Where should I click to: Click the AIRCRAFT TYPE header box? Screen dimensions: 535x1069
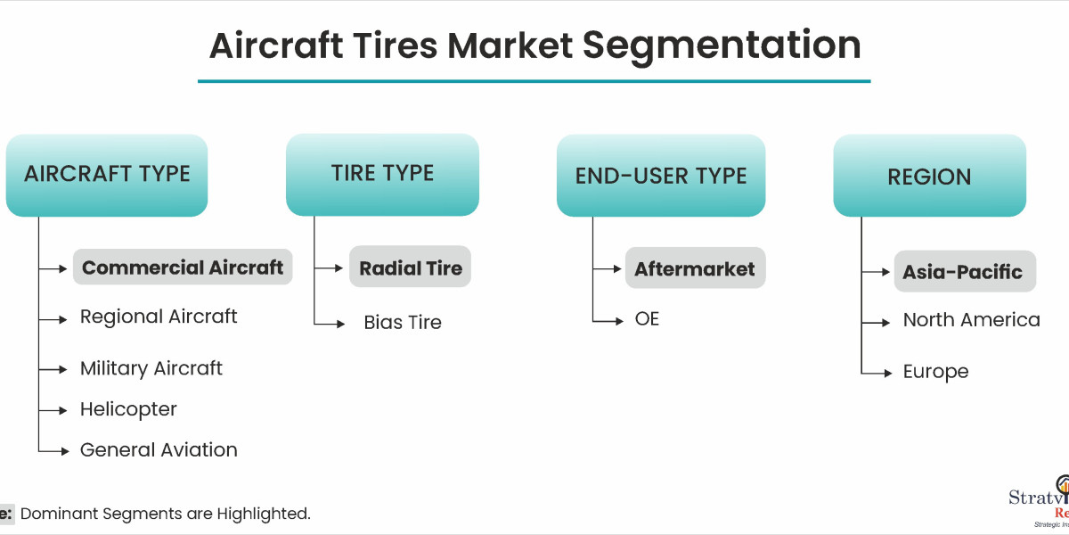tap(107, 175)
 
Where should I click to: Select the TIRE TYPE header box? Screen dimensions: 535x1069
tap(382, 174)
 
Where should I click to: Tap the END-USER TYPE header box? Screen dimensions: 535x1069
tap(661, 176)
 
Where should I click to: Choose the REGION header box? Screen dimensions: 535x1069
tap(929, 176)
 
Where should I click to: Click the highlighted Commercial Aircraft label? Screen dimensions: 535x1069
tap(183, 267)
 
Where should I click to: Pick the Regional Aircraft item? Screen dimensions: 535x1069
tap(159, 317)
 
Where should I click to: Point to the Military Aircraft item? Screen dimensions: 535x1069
tap(151, 368)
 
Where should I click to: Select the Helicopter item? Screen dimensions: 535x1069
tap(128, 409)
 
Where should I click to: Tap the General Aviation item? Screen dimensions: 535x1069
tap(159, 450)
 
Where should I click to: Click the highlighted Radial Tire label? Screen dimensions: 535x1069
tap(411, 268)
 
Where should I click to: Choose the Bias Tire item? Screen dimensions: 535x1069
tap(403, 323)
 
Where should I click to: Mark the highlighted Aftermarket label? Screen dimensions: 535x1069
tap(695, 268)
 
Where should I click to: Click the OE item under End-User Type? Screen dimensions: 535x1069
tap(648, 318)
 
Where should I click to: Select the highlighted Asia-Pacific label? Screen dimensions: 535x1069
tap(963, 272)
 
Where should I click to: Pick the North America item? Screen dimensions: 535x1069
tap(971, 320)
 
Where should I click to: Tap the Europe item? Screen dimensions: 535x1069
tap(935, 372)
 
